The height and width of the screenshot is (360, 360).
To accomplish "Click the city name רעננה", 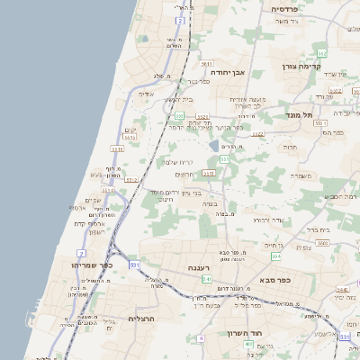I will coord(199,267).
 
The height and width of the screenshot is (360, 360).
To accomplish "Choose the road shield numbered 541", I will coord(206,280).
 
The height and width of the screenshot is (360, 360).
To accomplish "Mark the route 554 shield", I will coord(275,255).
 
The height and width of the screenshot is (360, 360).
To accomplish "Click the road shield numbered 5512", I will coord(130,179).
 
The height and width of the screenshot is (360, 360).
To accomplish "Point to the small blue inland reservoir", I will coord(213,144).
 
